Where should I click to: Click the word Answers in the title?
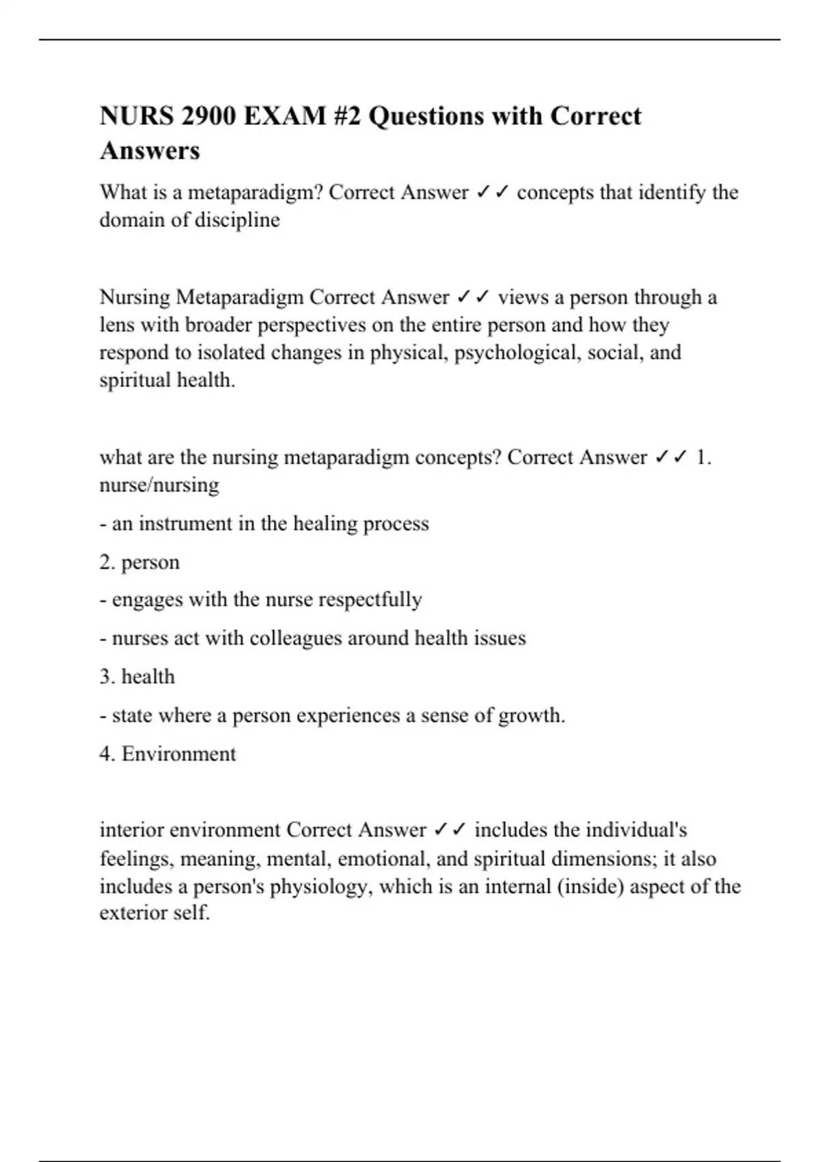click(x=150, y=150)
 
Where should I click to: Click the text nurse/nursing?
click(x=159, y=485)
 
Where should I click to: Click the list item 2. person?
click(x=139, y=563)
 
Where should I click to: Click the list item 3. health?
click(x=137, y=677)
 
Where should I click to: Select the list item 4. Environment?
click(x=167, y=754)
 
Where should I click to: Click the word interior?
click(x=131, y=830)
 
